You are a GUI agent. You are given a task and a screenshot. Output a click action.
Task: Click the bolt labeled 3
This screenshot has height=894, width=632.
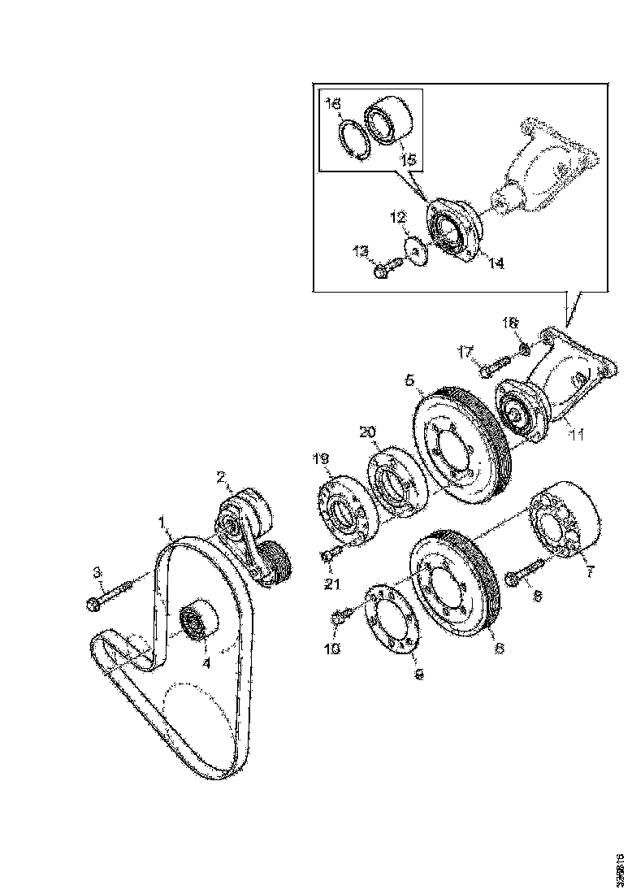109,596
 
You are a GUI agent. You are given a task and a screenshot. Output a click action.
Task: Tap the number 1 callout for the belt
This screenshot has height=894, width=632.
162,519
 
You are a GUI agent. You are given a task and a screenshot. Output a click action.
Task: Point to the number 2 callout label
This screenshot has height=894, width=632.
219,477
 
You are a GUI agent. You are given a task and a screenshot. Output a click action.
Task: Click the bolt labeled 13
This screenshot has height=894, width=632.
387,267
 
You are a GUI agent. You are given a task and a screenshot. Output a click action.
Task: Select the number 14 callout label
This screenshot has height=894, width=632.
496,263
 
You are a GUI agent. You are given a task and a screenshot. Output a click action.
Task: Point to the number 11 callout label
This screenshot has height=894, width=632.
577,436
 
